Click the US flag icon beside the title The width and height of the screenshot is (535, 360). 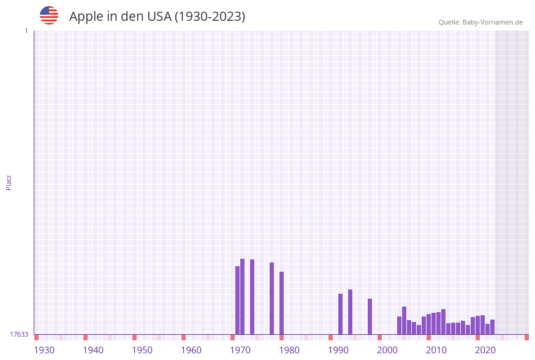(49, 15)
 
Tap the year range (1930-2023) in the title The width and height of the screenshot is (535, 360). (210, 17)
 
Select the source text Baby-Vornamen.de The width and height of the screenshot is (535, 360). (492, 22)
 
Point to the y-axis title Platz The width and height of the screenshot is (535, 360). (9, 182)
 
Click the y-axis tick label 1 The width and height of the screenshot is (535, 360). (26, 31)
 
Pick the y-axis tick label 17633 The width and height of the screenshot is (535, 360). (19, 334)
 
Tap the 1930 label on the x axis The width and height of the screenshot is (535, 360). (44, 350)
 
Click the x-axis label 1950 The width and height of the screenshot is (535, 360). (142, 350)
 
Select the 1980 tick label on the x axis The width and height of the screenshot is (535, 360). (289, 350)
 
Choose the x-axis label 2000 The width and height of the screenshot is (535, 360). (387, 350)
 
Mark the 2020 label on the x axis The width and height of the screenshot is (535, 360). (485, 350)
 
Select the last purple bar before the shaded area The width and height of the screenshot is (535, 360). (492, 327)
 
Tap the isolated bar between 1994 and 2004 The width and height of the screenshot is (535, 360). (370, 316)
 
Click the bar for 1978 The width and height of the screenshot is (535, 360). (272, 298)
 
